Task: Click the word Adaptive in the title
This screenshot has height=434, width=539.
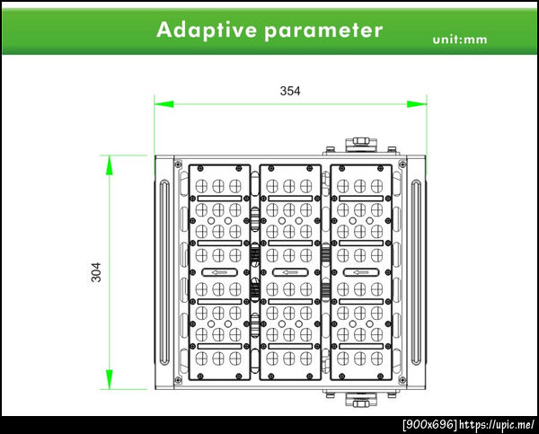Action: coord(207,30)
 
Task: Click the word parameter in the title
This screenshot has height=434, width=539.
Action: coord(323,31)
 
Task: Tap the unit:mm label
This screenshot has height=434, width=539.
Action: coord(460,40)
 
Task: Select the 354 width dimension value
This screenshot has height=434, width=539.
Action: coord(290,91)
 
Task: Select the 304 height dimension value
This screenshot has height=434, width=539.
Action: coord(96,272)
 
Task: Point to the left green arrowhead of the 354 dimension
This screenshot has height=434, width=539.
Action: coord(164,104)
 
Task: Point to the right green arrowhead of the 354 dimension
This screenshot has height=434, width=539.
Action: coord(417,104)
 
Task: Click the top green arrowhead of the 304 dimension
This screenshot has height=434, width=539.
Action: coord(110,165)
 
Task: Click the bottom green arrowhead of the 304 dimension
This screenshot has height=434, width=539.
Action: coord(110,379)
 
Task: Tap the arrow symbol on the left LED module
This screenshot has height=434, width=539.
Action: coord(219,272)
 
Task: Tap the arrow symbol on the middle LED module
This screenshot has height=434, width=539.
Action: coord(290,272)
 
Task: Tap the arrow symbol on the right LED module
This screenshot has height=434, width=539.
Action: coord(361,272)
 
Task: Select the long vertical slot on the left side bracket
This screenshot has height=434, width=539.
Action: coord(164,272)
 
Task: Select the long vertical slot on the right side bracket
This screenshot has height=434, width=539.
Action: coord(416,272)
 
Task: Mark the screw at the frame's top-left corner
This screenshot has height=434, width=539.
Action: coord(178,164)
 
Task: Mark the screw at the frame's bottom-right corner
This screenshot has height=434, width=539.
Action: coord(402,380)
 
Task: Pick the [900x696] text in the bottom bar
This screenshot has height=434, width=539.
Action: coord(430,424)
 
